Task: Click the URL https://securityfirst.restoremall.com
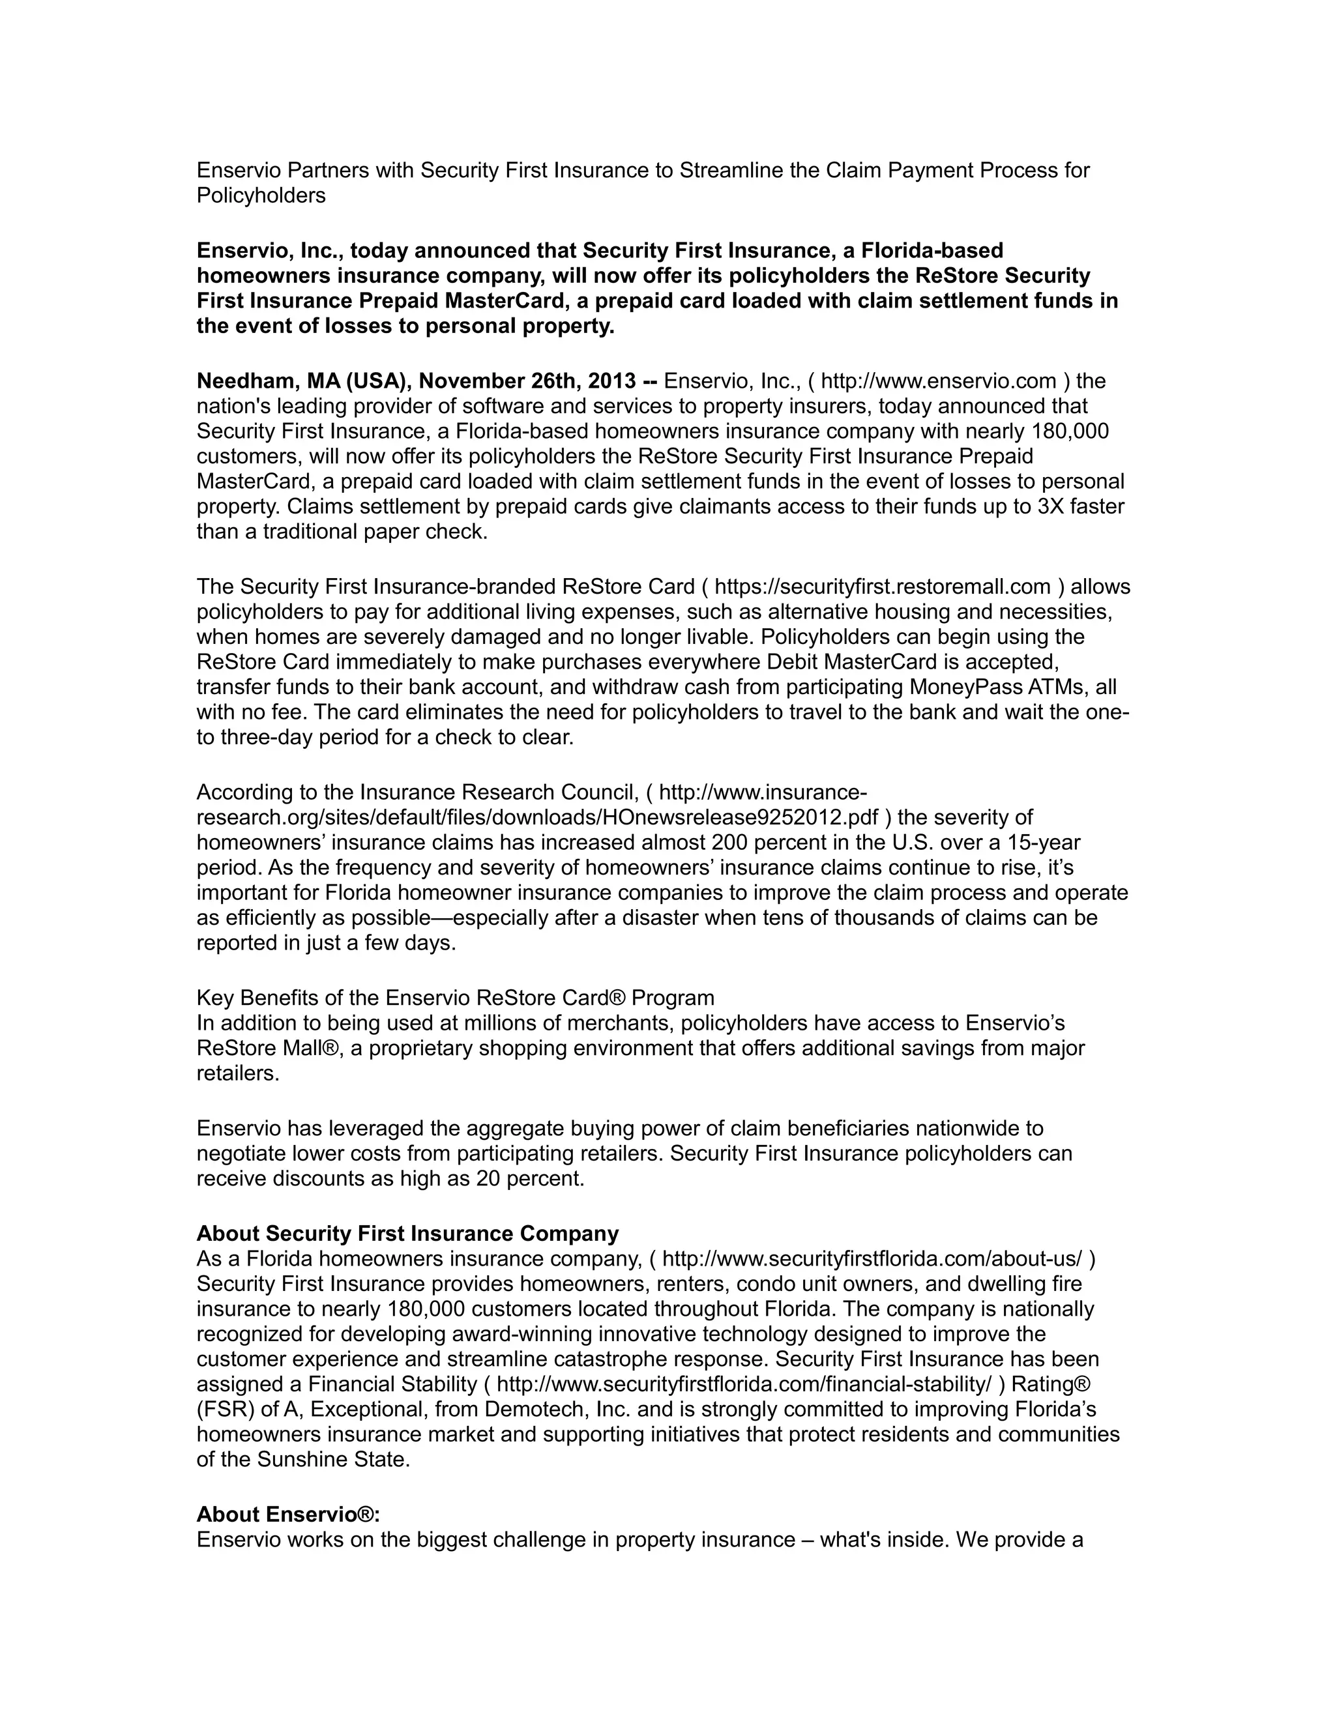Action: pyautogui.click(x=883, y=587)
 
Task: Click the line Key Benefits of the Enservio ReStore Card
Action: pyautogui.click(x=455, y=998)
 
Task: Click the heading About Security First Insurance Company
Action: pyautogui.click(x=407, y=1234)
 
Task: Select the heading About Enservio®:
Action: pyautogui.click(x=288, y=1515)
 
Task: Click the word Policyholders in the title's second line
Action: pyautogui.click(x=261, y=196)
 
